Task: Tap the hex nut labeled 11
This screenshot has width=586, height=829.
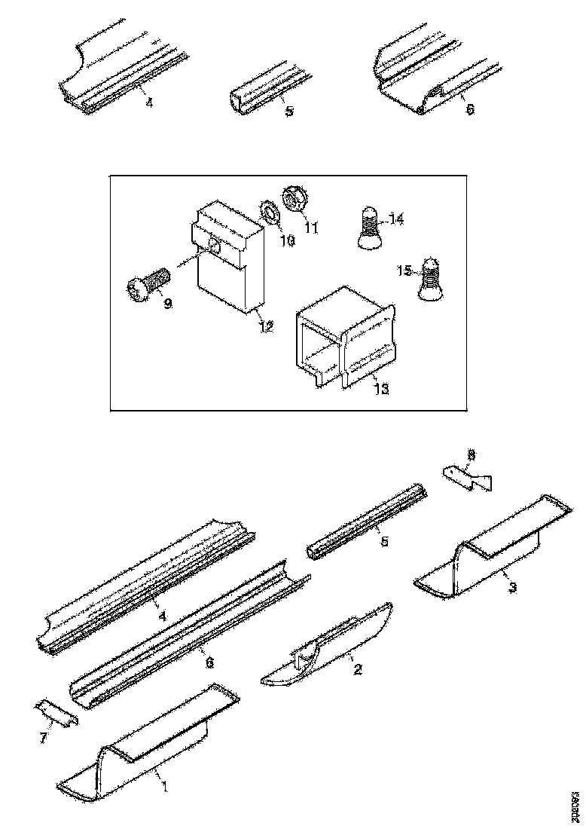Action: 292,200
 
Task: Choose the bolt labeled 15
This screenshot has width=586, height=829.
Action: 428,280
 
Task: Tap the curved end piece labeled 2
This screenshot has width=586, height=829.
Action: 328,647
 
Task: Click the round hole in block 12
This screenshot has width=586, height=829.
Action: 215,246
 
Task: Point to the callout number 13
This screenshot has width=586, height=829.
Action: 382,389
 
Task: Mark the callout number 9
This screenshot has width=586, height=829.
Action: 167,303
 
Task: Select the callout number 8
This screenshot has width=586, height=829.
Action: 472,454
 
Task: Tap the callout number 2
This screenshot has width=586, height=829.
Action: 358,668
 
